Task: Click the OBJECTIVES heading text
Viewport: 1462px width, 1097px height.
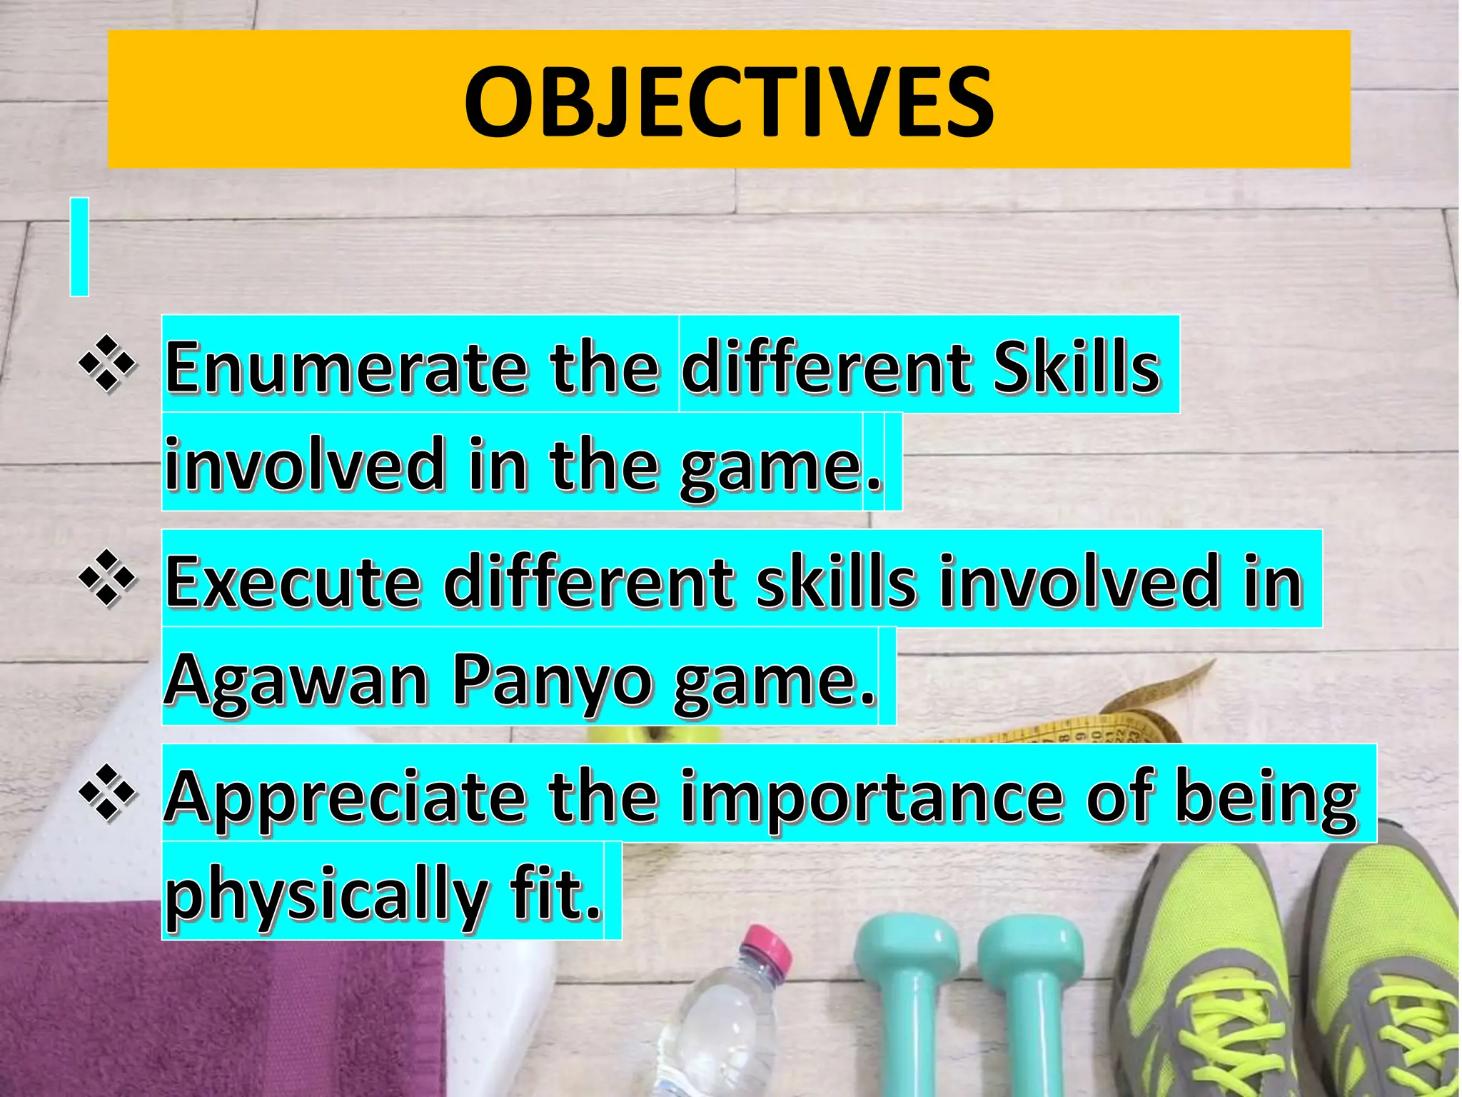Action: (x=728, y=102)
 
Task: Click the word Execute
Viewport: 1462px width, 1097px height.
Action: (x=293, y=581)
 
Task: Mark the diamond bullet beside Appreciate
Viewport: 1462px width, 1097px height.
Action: (x=108, y=792)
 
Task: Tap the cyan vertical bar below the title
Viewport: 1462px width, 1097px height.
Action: (x=79, y=247)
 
